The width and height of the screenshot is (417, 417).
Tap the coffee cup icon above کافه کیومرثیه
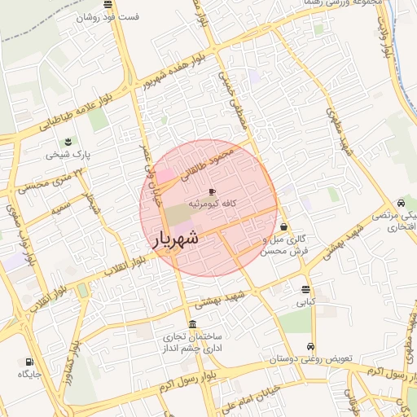(x=213, y=191)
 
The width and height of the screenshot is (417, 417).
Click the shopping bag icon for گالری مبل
(x=283, y=226)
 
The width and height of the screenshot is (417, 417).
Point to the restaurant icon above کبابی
(x=305, y=289)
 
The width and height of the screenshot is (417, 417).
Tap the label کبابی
(x=305, y=302)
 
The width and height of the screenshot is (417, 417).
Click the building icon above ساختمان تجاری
(x=191, y=323)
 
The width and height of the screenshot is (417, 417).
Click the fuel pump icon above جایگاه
(x=29, y=362)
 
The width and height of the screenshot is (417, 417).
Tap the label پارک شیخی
(x=68, y=153)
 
